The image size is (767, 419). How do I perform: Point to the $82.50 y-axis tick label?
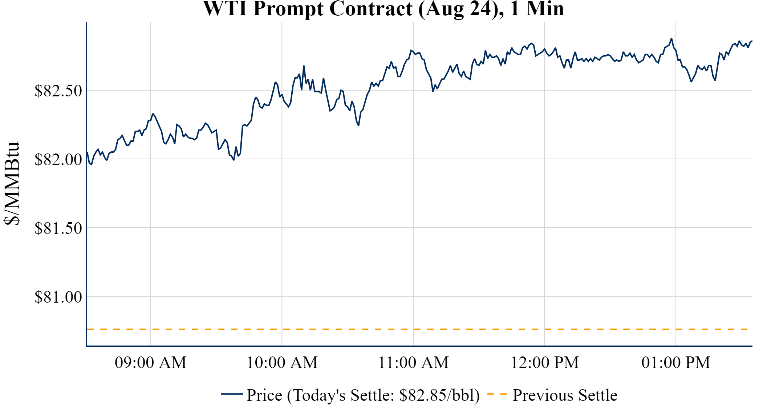pyautogui.click(x=58, y=91)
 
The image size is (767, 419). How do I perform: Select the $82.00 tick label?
pyautogui.click(x=58, y=160)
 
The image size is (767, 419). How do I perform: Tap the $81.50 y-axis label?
pyautogui.click(x=58, y=228)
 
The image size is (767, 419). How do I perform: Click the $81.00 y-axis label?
pyautogui.click(x=58, y=297)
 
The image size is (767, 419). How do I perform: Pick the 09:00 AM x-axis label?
pyautogui.click(x=151, y=363)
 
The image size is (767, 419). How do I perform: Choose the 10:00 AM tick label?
pyautogui.click(x=282, y=363)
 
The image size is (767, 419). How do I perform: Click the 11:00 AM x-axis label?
pyautogui.click(x=414, y=363)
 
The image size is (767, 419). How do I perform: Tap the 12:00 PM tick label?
pyautogui.click(x=545, y=363)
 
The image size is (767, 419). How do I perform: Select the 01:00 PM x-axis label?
pyautogui.click(x=676, y=363)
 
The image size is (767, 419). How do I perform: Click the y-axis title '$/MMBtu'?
pyautogui.click(x=12, y=184)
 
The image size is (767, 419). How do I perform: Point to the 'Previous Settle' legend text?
pyautogui.click(x=565, y=395)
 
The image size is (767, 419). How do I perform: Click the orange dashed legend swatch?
pyautogui.click(x=496, y=394)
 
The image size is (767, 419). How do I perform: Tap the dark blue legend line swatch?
pyautogui.click(x=232, y=394)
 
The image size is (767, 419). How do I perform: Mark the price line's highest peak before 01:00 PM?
pyautogui.click(x=671, y=39)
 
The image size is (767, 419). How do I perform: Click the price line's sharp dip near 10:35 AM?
pyautogui.click(x=358, y=125)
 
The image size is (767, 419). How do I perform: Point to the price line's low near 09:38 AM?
pyautogui.click(x=234, y=160)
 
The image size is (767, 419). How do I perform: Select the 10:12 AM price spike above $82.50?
pyautogui.click(x=304, y=66)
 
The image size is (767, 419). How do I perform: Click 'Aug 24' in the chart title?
pyautogui.click(x=458, y=9)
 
